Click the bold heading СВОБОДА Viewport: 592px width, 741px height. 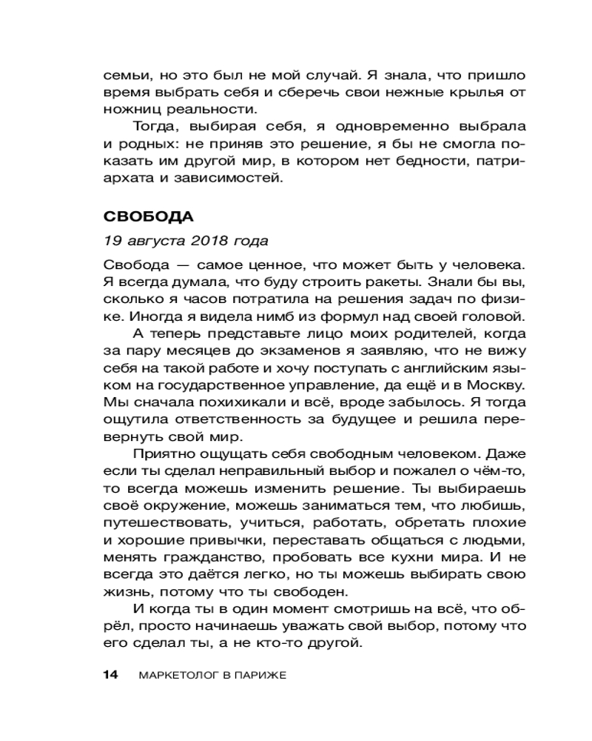click(148, 217)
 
